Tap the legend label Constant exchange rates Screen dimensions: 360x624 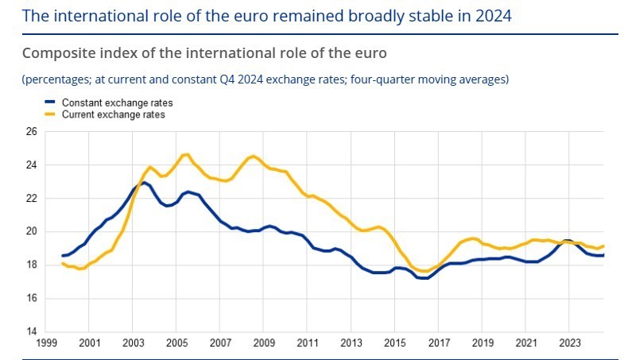(x=117, y=103)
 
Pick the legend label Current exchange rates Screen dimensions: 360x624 (x=114, y=115)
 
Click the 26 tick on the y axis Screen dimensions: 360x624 (x=33, y=132)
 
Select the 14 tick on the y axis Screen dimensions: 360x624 (x=33, y=331)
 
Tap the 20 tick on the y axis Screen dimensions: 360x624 (x=33, y=232)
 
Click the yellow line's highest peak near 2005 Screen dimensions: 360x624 (x=185, y=154)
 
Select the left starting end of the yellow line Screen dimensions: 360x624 (x=63, y=263)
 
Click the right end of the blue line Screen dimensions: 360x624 (x=603, y=255)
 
